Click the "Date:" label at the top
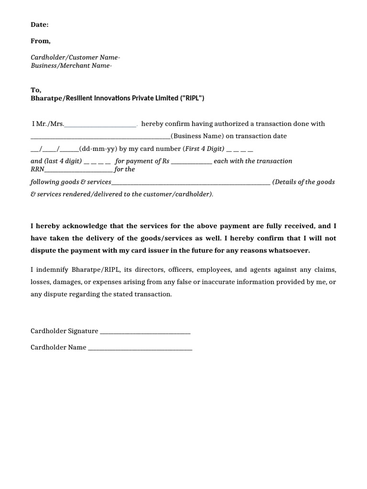coord(40,24)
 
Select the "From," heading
coord(41,41)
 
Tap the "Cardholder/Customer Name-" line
coord(76,57)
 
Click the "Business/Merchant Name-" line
coord(71,66)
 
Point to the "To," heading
coord(36,90)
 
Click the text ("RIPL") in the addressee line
coord(191,98)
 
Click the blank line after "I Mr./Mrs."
coord(100,125)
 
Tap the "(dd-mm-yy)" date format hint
coord(98,149)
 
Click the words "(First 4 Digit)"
coord(204,149)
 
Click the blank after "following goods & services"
coord(191,182)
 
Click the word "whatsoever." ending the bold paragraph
coord(291,250)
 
